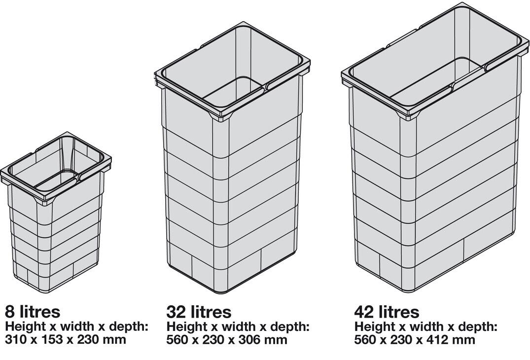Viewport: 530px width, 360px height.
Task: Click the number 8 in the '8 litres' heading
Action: (10, 311)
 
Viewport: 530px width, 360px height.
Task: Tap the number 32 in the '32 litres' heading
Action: (177, 312)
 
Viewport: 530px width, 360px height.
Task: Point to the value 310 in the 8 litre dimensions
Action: (16, 339)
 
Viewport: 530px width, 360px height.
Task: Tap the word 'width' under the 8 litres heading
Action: (77, 326)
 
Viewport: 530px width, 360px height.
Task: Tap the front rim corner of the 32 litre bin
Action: (221, 119)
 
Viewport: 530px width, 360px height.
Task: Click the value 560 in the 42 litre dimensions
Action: (365, 339)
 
